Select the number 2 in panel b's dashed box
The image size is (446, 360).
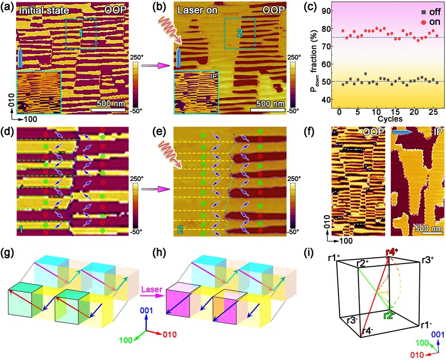tap(239, 33)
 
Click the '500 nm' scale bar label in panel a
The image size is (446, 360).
tap(109, 104)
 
